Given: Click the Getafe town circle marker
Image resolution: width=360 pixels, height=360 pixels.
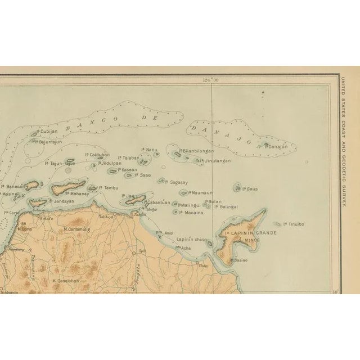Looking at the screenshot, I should (38, 215).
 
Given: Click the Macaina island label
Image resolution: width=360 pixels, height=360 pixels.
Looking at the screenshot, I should (191, 212).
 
